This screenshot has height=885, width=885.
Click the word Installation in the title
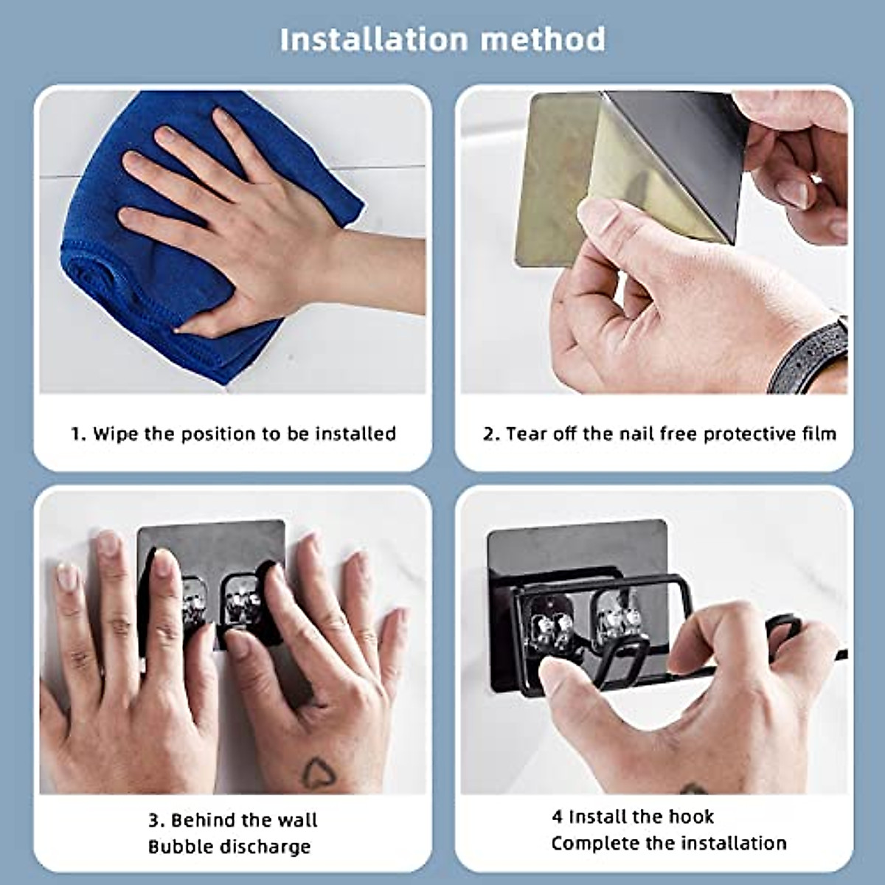coord(375,39)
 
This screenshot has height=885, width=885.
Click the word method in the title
coord(543,39)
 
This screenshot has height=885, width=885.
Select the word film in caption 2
coord(819,434)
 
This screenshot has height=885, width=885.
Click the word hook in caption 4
coord(690,816)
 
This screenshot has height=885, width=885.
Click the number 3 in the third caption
coord(153,820)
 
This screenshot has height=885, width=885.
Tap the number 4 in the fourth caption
coord(557,816)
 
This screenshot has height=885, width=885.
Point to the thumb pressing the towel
coord(203,322)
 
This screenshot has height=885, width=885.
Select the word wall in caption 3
coord(298,820)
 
